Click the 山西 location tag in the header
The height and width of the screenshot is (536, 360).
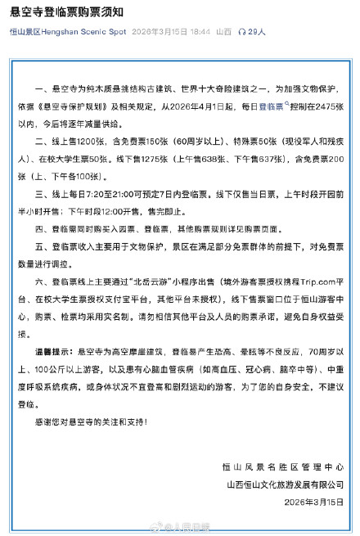223,31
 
